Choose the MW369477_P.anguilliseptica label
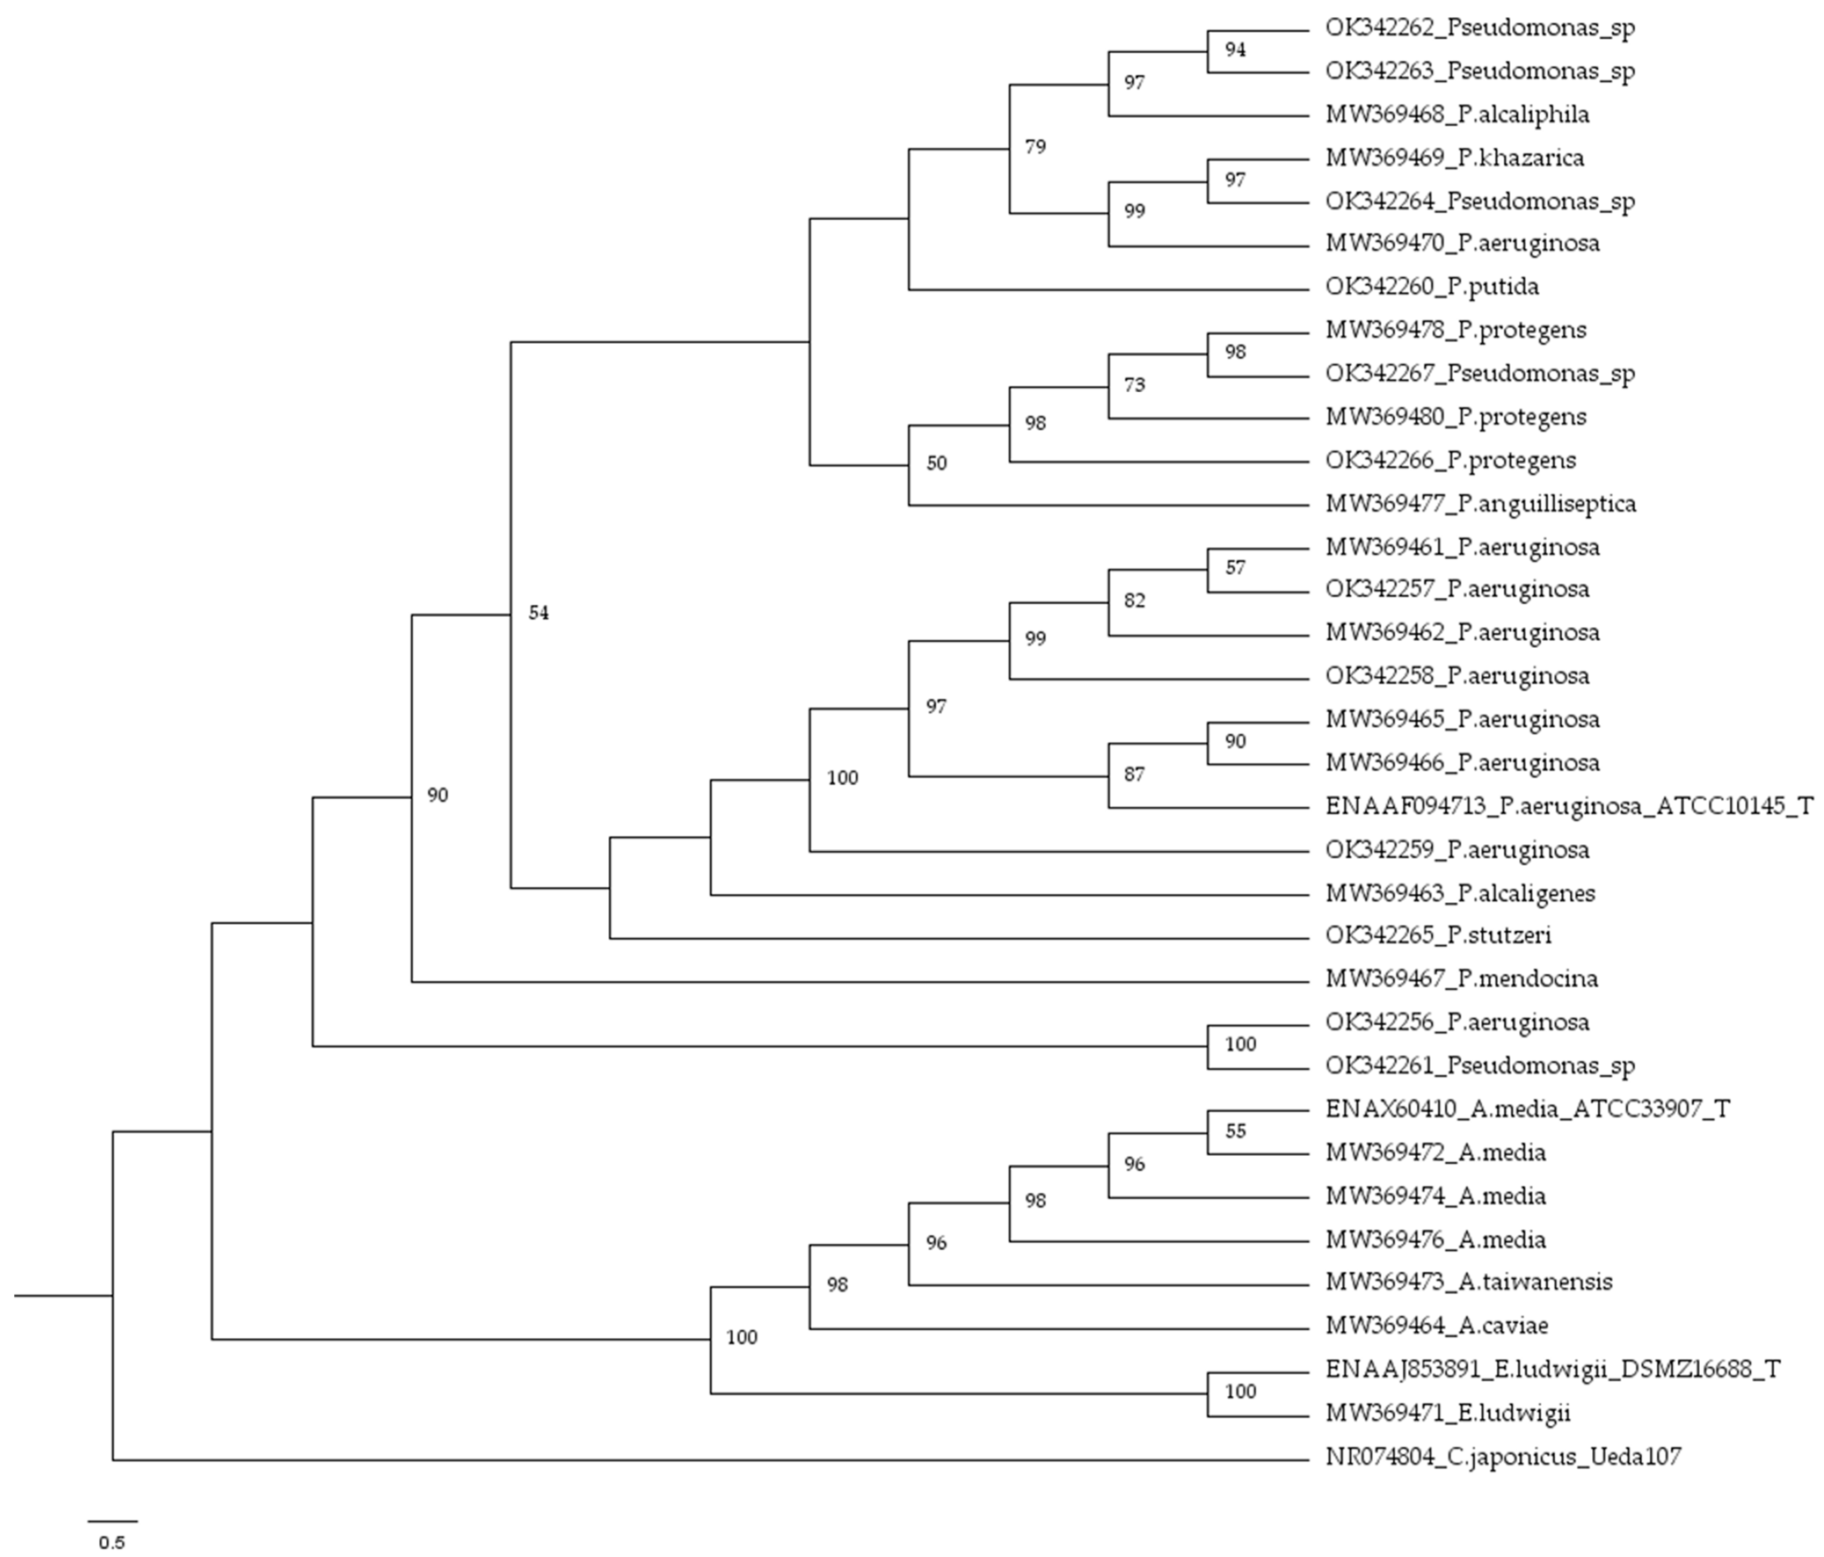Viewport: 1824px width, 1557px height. (1481, 505)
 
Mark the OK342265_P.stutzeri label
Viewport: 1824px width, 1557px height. (1438, 935)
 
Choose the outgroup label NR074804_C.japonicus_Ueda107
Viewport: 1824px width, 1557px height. (1504, 1458)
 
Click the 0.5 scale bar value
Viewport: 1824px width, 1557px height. (112, 1543)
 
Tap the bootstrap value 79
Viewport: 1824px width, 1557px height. (1035, 147)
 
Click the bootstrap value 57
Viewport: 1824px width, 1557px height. (1235, 568)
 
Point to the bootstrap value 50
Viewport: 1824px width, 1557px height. (937, 463)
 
